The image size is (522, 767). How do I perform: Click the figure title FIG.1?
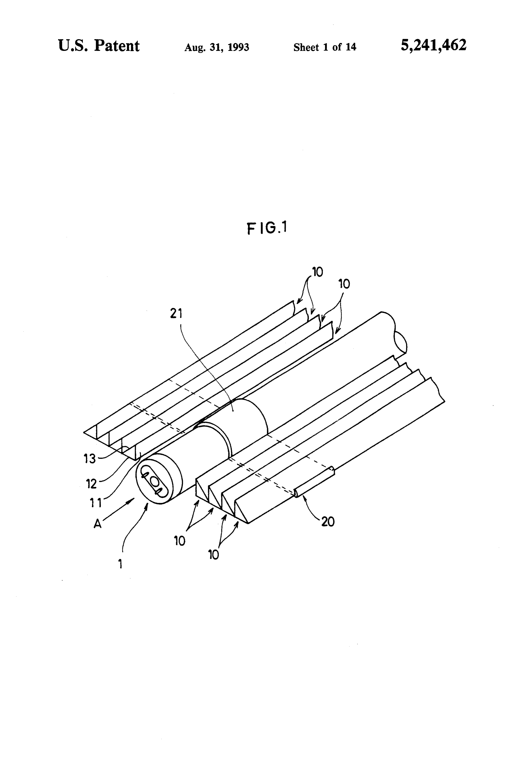[x=267, y=228]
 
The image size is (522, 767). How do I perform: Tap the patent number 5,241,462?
[x=434, y=45]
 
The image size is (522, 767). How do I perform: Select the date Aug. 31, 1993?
[x=216, y=47]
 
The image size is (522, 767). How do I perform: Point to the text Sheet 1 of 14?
[x=325, y=47]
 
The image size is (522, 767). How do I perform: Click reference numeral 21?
[x=176, y=314]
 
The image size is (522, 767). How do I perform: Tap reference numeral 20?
[x=327, y=521]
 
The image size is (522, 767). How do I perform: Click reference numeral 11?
[x=96, y=503]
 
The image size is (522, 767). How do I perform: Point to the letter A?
[x=97, y=523]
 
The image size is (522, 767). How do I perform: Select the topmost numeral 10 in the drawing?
[x=317, y=272]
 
